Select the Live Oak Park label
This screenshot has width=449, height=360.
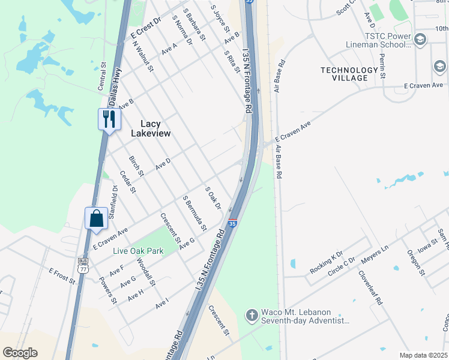pos(139,251)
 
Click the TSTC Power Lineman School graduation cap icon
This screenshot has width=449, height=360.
pos(420,40)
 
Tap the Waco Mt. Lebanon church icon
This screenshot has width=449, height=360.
pos(252,314)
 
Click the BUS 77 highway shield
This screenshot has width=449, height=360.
pos(83,265)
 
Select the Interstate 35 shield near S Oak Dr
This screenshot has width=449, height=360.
pos(232,224)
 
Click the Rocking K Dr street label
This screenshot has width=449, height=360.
pos(326,262)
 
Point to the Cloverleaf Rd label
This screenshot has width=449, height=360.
pos(370,287)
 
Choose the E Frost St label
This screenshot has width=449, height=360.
pos(62,276)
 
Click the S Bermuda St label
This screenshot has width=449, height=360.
pos(195,213)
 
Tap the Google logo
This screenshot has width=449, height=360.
pos(20,353)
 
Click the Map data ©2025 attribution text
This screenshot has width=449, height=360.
pos(423,355)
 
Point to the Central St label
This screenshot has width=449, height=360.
pos(102,76)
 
